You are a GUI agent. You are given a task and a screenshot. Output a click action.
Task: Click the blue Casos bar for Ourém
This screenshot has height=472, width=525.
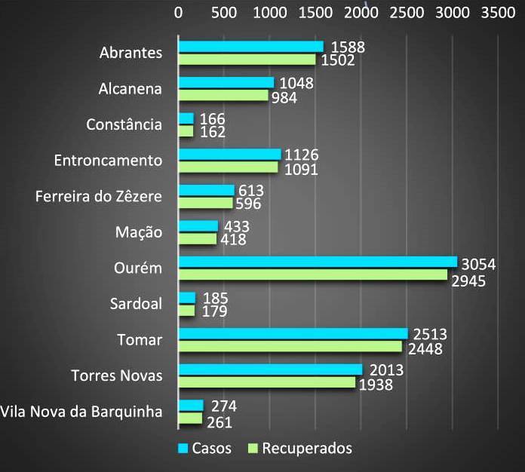(x=317, y=262)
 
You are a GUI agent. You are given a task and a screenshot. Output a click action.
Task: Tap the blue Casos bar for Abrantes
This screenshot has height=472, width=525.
(x=250, y=47)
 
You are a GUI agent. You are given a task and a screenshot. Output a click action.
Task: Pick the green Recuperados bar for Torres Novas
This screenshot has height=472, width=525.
(x=266, y=382)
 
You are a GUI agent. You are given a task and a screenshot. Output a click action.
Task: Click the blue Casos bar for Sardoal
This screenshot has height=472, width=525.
(x=186, y=298)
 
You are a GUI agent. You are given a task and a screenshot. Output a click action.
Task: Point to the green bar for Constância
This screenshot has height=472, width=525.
(x=186, y=131)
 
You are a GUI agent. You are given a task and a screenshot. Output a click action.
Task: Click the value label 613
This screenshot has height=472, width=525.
(x=252, y=190)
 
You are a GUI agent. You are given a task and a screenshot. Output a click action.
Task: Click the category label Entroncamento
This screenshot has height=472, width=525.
(x=109, y=161)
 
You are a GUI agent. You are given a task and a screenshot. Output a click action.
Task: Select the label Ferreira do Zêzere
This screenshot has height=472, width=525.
(x=99, y=197)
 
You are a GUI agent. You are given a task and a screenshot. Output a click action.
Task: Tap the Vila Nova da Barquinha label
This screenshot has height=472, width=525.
(x=81, y=412)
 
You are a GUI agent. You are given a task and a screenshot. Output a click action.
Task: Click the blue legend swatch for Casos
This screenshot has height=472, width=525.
(x=183, y=449)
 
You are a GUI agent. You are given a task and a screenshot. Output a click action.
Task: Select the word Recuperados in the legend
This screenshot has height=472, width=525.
(x=306, y=448)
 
